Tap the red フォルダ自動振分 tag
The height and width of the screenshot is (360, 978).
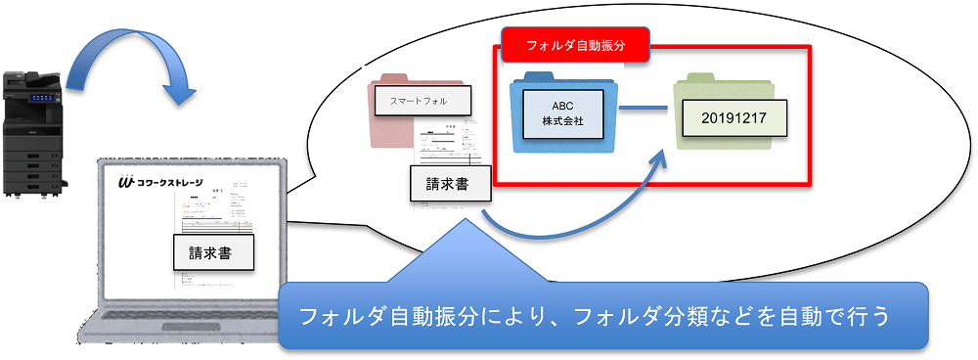[575, 45]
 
